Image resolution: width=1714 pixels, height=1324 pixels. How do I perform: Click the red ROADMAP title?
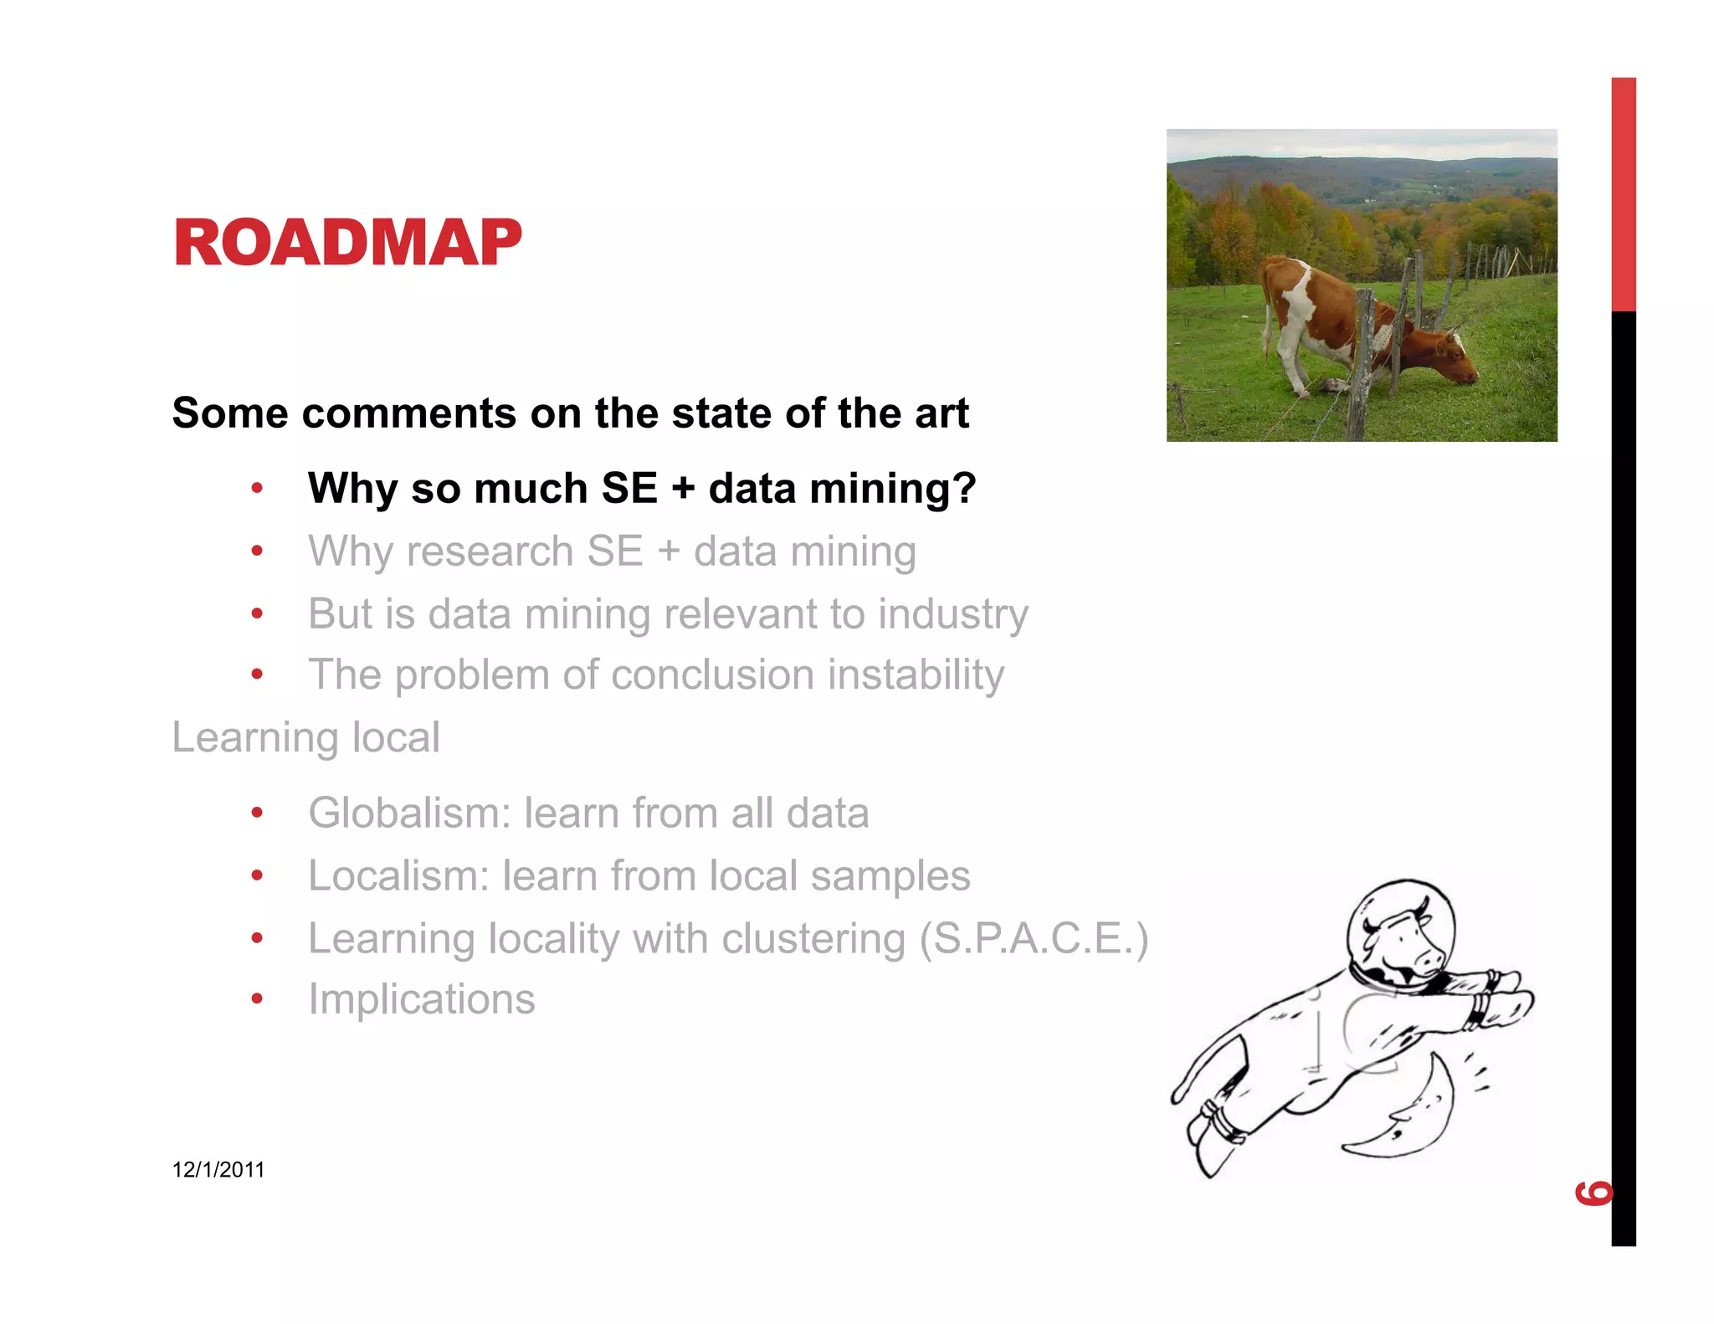346,243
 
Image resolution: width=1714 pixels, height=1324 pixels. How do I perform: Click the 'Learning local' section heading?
305,737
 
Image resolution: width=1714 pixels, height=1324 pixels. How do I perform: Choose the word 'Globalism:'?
409,813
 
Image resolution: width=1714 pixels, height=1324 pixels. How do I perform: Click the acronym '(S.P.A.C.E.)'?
1033,938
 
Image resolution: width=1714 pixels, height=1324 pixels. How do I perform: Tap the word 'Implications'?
422,999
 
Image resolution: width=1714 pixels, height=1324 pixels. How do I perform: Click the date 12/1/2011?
218,1170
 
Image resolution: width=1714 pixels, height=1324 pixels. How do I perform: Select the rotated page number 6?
1593,1192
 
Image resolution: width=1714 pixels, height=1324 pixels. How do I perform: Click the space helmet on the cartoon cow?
1400,929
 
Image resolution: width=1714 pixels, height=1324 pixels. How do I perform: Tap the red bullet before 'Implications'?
257,999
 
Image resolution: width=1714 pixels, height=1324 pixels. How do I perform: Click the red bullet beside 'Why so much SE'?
257,488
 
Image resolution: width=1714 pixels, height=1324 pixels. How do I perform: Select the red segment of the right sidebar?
1623,194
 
